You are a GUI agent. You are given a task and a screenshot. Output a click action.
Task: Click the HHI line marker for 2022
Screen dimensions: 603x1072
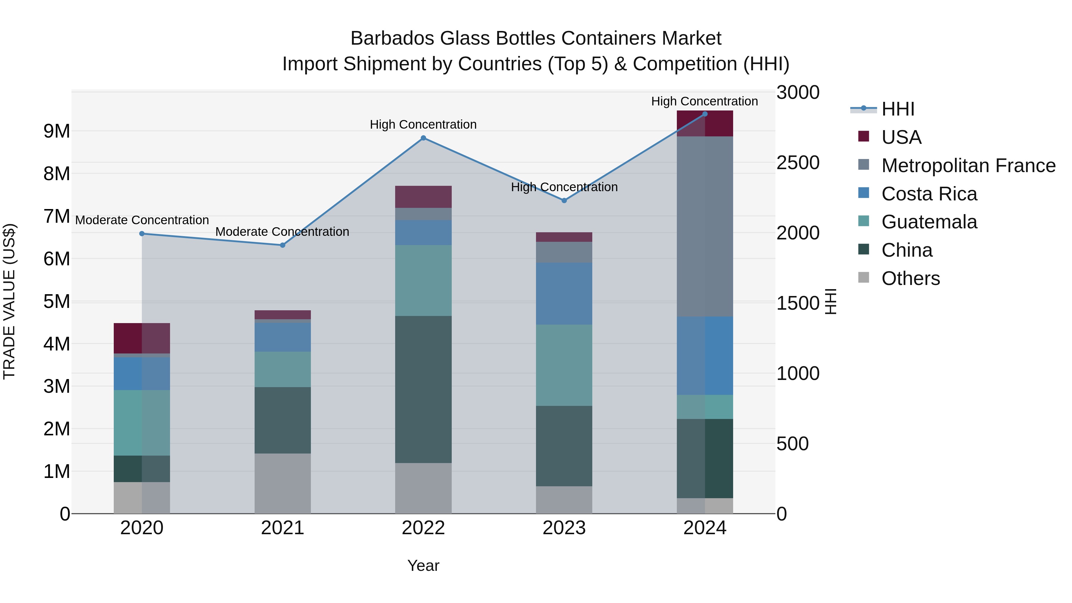tap(423, 138)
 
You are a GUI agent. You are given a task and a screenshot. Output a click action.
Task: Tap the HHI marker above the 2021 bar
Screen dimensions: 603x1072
tap(283, 245)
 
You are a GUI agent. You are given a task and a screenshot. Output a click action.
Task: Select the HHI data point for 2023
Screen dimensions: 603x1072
tap(564, 201)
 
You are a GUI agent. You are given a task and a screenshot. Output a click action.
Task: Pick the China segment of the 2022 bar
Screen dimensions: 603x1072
tap(423, 389)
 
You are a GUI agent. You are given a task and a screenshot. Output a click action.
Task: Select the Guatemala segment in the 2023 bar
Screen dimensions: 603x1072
tap(564, 365)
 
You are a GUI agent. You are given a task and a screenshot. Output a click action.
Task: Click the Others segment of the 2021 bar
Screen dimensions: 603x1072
tap(283, 483)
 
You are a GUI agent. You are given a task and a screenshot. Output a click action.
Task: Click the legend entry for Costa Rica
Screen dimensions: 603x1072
tap(929, 194)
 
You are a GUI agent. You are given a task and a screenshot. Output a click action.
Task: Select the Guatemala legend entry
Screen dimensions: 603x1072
tap(929, 222)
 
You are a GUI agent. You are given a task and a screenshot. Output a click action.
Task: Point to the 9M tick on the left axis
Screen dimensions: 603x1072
tap(57, 131)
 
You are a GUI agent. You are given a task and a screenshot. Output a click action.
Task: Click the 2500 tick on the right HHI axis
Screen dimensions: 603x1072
tap(798, 163)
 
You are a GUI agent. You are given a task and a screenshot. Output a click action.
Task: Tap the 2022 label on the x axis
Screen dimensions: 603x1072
tap(423, 528)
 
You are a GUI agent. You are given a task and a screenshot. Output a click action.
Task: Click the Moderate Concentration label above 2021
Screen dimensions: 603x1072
tap(282, 232)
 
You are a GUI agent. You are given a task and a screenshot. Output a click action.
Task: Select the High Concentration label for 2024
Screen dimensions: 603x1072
tap(704, 101)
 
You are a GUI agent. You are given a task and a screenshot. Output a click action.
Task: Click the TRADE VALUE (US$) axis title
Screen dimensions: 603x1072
tap(9, 301)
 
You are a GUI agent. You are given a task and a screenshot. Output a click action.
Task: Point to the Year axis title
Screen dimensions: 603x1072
tap(423, 565)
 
